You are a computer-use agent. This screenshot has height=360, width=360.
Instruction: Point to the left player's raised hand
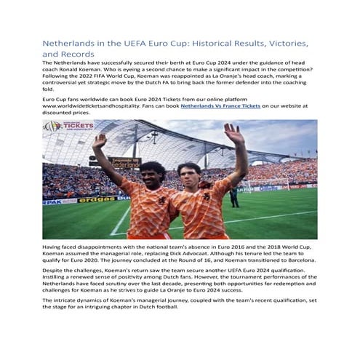point(100,140)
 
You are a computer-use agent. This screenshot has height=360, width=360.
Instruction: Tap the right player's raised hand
point(234,133)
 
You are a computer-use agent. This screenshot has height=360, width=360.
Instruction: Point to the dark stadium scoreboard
point(125,162)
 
